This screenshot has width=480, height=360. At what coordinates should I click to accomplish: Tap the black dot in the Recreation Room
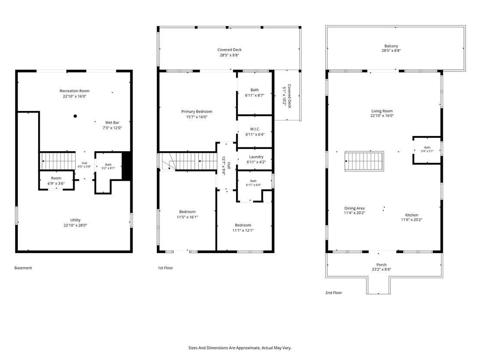75,116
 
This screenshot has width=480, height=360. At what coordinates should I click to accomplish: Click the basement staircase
58,161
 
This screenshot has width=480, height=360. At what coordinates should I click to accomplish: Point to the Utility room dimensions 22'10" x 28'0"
75,225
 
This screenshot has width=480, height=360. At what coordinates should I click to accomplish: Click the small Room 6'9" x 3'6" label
56,181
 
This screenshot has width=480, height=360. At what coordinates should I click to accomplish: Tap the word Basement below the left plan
23,268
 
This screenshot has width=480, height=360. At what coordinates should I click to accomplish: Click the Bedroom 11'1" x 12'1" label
243,228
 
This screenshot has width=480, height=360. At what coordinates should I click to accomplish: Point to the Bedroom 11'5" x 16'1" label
187,214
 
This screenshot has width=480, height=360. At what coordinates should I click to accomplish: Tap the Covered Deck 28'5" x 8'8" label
229,52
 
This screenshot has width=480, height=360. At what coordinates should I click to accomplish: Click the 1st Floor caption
165,268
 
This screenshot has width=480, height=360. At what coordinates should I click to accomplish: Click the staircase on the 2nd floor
364,161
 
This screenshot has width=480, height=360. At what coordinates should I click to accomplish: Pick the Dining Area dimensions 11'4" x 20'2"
354,213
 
